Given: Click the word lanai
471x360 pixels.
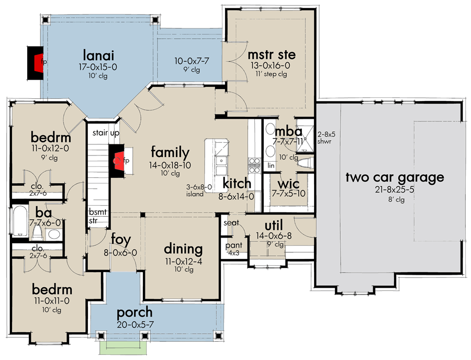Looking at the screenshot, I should click(98, 54).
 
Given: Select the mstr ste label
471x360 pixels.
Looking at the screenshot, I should click(272, 54).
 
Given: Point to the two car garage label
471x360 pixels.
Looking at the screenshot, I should click(395, 177).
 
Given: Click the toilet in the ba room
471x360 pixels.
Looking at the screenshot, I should click(53, 234).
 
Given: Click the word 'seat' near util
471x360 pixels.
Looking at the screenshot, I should click(231, 223).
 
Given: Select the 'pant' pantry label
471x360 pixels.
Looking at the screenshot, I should click(233, 245).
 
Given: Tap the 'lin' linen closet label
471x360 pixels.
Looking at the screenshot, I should click(271, 165).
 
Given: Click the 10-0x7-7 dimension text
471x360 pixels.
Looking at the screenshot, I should click(192, 61).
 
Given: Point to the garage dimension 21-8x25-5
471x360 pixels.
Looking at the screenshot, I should click(395, 189).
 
